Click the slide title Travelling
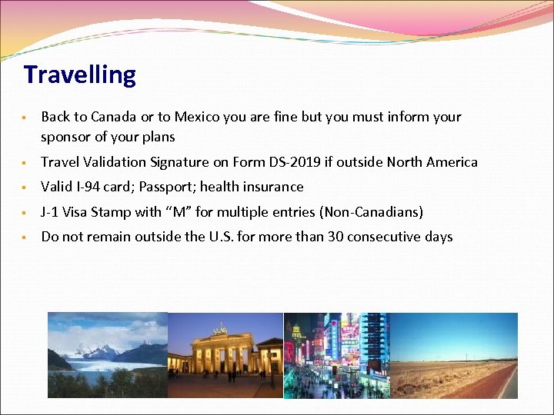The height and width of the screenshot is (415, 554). coord(80,75)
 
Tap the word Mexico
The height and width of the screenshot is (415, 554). coord(197,117)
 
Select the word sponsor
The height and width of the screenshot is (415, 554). coord(67,138)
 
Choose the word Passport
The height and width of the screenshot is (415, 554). coord(165,187)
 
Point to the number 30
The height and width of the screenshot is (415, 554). coord(335,237)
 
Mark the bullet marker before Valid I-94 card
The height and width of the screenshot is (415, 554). coord(25,188)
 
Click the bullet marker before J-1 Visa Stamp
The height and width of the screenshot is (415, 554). coord(25,213)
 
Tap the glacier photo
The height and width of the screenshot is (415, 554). coord(107,355)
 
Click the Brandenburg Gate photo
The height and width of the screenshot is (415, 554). coord(225,355)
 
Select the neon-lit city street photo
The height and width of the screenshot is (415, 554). coord(336,355)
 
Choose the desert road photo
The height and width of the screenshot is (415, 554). coord(454,355)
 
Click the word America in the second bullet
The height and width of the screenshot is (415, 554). coord(450,162)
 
